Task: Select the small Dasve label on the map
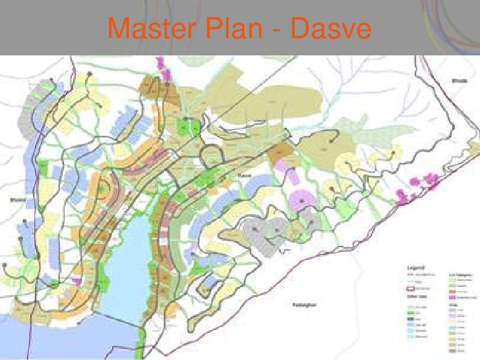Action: [x=246, y=175]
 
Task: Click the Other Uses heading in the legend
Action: [x=415, y=297]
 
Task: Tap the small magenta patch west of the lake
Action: [x=76, y=281]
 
